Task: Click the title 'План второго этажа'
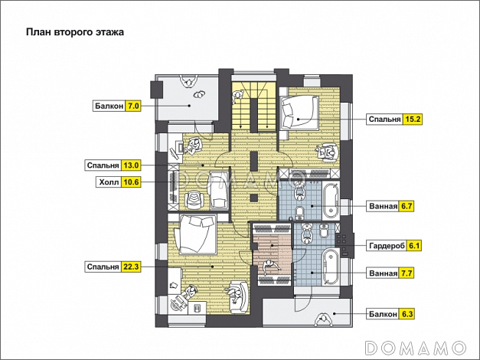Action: pos(75,32)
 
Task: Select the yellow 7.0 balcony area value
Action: pos(133,106)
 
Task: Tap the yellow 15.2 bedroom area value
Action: pos(413,119)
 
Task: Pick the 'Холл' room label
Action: pos(109,182)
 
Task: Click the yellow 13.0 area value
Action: pos(131,165)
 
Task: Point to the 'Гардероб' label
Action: pos(387,246)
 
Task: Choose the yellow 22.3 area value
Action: pos(131,267)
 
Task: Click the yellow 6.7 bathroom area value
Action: pos(407,206)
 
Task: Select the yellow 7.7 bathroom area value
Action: pos(407,273)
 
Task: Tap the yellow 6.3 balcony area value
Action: pos(407,314)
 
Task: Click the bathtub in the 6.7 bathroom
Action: pos(331,200)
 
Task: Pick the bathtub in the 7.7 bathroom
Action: pos(331,267)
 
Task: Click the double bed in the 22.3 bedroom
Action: pos(195,234)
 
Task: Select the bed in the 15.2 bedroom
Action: pos(299,113)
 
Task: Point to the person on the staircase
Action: pos(237,97)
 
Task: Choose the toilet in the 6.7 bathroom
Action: pos(299,211)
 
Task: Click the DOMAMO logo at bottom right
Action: pos(416,348)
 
